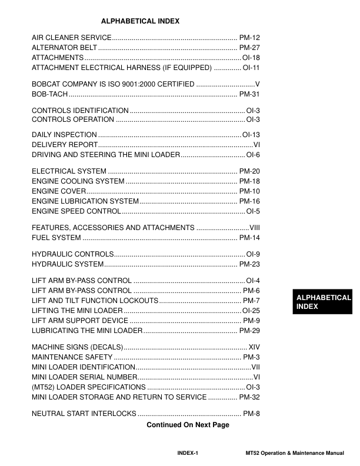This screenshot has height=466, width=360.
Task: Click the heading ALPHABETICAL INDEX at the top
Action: coord(140,21)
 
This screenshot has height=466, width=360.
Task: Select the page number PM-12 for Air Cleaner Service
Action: coord(249,37)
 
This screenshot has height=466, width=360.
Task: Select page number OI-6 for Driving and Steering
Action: coord(253,155)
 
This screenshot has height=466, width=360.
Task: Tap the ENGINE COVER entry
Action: coord(59,191)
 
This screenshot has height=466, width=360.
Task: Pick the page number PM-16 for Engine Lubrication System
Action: coord(249,201)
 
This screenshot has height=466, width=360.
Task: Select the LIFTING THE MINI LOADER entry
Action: coord(77,310)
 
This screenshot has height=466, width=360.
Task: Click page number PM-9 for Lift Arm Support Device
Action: coord(251,320)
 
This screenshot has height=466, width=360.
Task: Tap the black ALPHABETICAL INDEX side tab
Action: coord(323,302)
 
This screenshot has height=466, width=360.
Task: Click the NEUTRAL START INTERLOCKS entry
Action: coord(84,413)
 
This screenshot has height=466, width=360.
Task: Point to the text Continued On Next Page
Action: coord(188,425)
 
